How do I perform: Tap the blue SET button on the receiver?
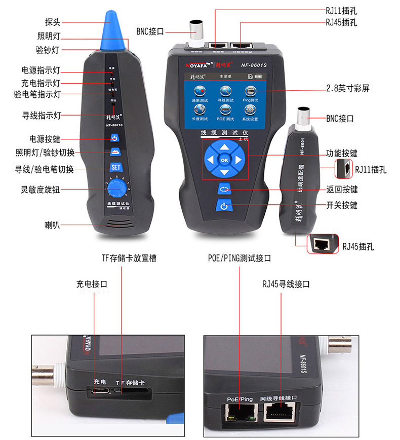click(114, 168)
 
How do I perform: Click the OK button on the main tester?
click(225, 160)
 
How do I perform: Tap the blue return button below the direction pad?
click(224, 190)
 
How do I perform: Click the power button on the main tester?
click(224, 206)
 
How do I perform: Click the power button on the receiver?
click(114, 138)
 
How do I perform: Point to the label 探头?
click(53, 22)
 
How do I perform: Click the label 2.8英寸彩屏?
click(347, 88)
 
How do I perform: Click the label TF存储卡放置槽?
click(129, 258)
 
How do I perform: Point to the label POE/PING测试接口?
click(239, 258)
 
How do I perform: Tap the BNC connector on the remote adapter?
click(303, 117)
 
